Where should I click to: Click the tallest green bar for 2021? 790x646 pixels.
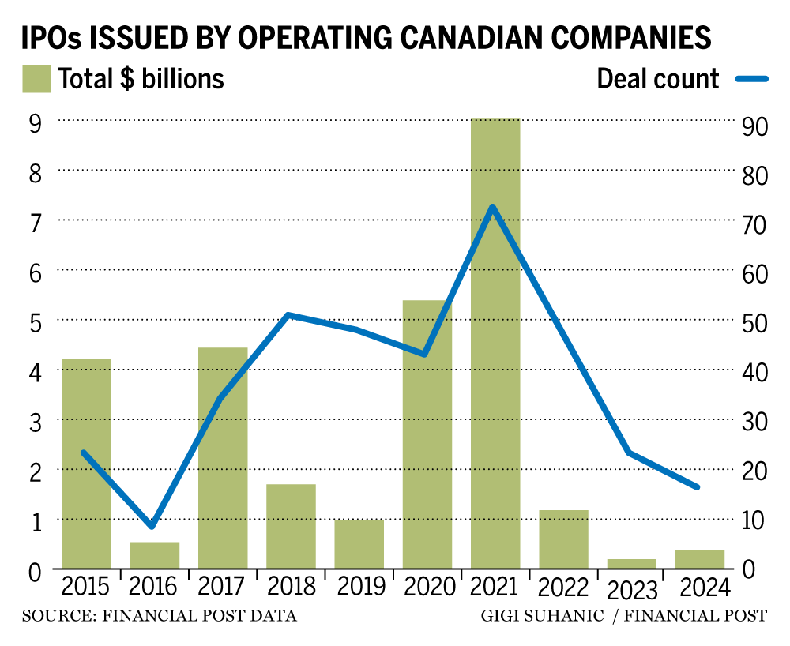point(495,344)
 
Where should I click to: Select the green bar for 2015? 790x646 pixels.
point(86,464)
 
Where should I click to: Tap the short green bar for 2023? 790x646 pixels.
point(632,563)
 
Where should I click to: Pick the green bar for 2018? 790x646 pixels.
point(291,526)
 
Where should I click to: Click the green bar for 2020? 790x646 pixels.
point(427,434)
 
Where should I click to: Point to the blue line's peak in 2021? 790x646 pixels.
point(492,208)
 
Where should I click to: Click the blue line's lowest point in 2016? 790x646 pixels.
point(152,525)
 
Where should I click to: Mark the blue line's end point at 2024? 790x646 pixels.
point(698,486)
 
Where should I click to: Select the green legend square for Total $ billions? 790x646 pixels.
point(36,79)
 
